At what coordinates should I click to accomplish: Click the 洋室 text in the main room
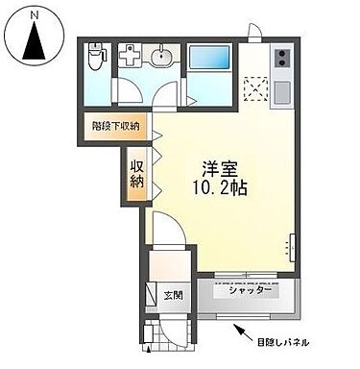click(220, 164)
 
